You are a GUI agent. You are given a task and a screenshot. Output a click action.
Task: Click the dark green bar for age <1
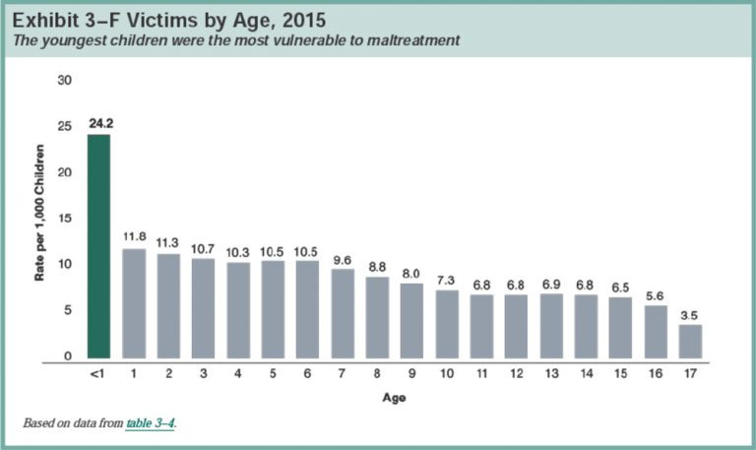[99, 246]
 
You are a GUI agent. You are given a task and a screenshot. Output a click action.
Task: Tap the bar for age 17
[691, 341]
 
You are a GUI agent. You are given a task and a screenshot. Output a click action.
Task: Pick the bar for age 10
[447, 324]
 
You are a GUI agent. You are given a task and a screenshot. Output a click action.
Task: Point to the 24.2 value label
[99, 126]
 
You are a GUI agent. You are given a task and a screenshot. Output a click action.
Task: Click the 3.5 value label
[691, 315]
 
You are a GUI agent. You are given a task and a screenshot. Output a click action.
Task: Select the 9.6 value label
[343, 260]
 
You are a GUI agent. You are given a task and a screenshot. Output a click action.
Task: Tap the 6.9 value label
[551, 285]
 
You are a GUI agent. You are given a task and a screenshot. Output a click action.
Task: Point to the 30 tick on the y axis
[68, 80]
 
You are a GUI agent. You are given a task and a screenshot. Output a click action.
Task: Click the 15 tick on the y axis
[68, 218]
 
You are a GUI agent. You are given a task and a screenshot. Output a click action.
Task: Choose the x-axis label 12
[517, 375]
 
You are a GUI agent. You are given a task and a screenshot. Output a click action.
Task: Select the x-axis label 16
[657, 375]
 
